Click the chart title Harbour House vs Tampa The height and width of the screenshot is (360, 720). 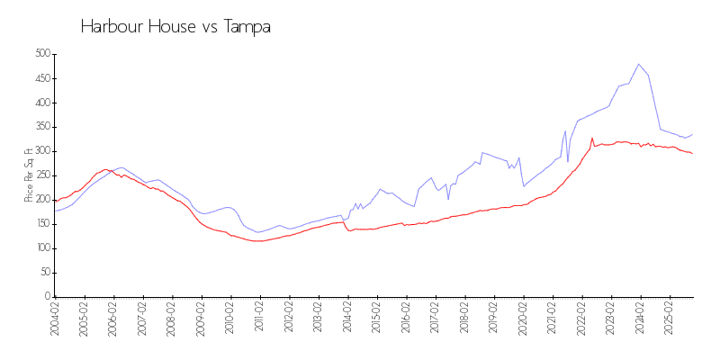175,27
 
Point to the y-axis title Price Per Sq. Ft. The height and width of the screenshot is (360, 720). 29,175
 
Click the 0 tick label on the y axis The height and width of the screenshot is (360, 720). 47,297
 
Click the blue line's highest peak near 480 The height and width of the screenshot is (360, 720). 638,64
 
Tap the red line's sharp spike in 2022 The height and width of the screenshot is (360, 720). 591,139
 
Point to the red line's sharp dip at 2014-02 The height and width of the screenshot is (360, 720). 349,230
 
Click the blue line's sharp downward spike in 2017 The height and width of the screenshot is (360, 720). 448,199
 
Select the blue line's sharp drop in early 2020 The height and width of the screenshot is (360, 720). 524,185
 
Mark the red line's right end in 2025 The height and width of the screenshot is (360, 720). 692,154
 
